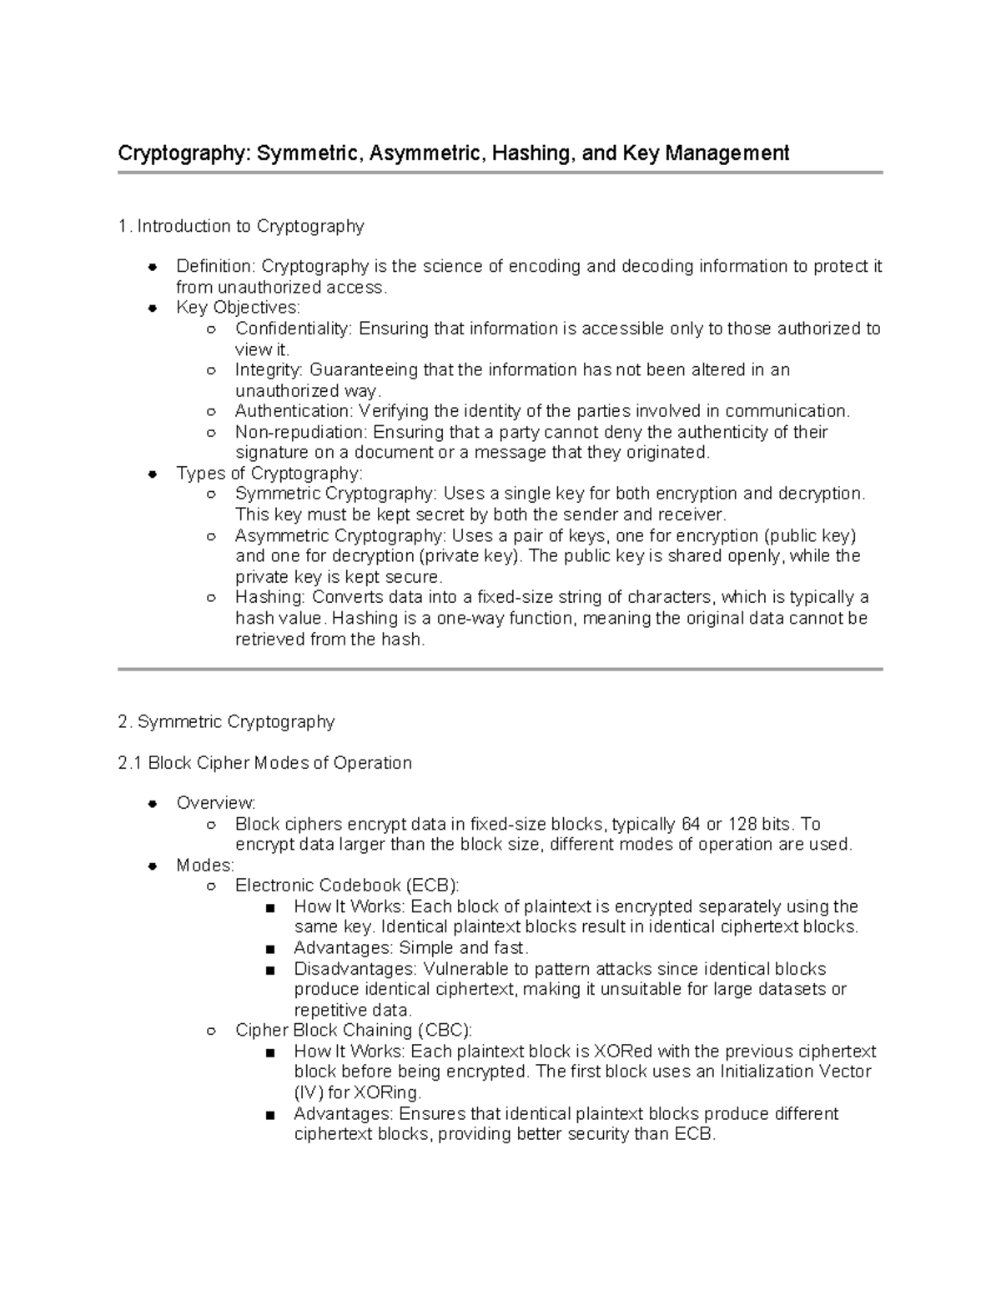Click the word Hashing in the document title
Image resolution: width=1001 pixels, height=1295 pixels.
coord(530,153)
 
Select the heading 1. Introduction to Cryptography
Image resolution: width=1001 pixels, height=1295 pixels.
coord(241,226)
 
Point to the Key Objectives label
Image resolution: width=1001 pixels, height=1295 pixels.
coord(237,308)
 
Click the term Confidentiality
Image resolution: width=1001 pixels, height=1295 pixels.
coord(294,329)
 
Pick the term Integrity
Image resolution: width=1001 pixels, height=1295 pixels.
coord(269,369)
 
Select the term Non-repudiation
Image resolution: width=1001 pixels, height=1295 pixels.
coord(300,432)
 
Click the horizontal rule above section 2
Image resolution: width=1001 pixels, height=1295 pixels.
coord(500,669)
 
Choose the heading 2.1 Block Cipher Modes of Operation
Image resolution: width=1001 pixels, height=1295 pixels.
coord(265,763)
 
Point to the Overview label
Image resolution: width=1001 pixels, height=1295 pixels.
coord(215,803)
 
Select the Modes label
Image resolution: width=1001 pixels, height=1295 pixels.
coord(204,866)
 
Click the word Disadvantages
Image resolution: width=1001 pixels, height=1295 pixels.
coord(355,969)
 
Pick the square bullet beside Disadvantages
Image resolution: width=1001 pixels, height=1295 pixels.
coord(269,970)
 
